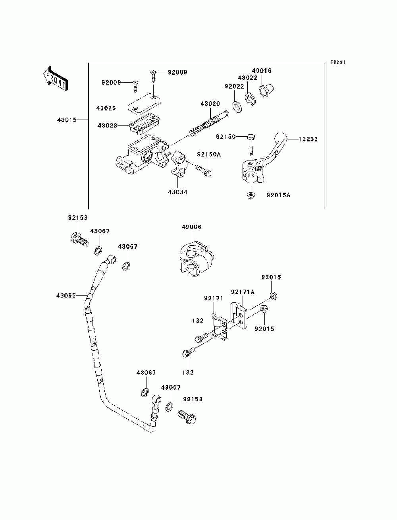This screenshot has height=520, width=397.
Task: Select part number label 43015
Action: point(67,120)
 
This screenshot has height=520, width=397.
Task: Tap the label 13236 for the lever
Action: point(308,139)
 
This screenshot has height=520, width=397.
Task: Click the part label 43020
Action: point(210,104)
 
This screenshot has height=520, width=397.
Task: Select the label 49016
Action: point(262,71)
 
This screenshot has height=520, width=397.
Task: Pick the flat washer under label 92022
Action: point(237,107)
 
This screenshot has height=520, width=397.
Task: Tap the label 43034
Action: point(178,192)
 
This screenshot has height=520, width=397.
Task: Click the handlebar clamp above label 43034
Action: point(179,164)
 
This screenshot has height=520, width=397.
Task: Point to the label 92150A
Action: point(209,155)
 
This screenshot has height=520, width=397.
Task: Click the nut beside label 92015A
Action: point(251,195)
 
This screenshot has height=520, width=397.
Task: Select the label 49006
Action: point(191,227)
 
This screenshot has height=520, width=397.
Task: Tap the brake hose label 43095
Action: point(66,296)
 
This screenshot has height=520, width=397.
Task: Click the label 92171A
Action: point(243,292)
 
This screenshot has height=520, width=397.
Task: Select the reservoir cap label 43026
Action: point(106,108)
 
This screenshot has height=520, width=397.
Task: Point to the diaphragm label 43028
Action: point(107,125)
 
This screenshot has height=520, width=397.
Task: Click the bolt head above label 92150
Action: point(251,137)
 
